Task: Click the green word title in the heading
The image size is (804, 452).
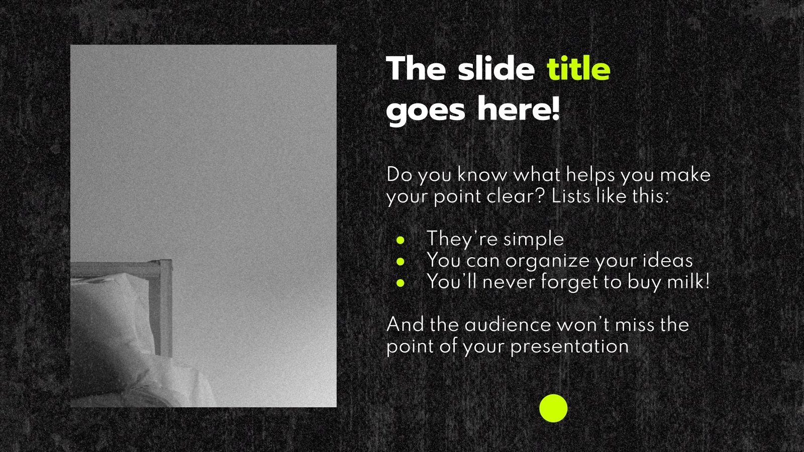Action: point(578,69)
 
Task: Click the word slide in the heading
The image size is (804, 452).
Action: point(496,69)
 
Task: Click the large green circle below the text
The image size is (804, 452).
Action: point(553,408)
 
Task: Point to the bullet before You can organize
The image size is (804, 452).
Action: point(400,262)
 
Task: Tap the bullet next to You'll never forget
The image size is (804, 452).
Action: point(400,283)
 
